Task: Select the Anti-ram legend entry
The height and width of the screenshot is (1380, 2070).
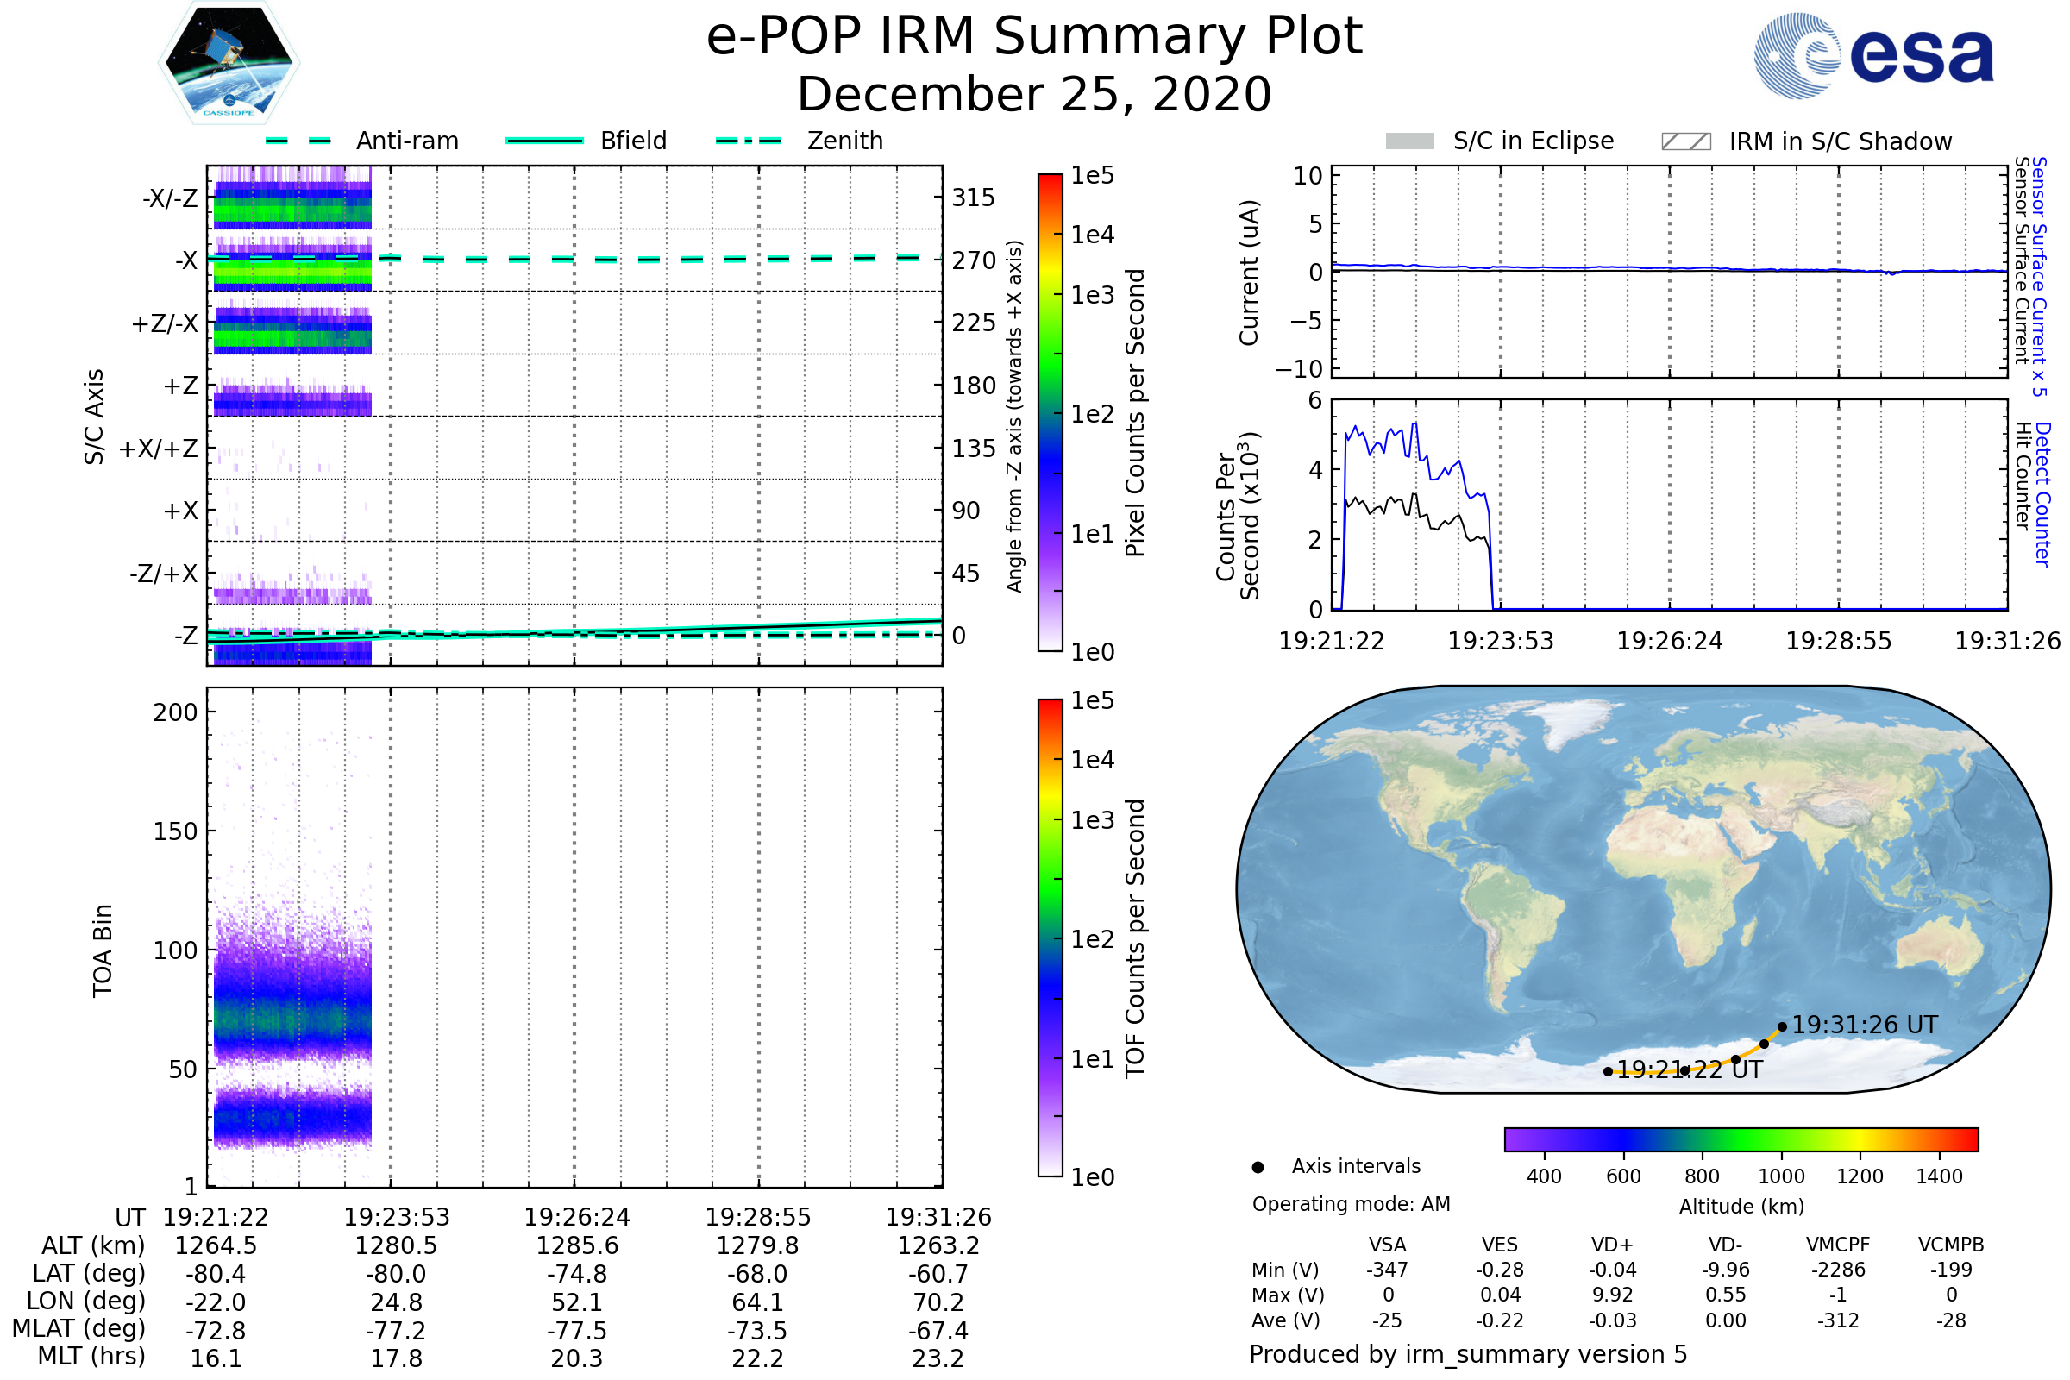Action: pyautogui.click(x=406, y=141)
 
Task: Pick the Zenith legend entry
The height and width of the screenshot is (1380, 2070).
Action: pyautogui.click(x=844, y=141)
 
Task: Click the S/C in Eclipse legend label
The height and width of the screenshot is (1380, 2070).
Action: pyautogui.click(x=1533, y=141)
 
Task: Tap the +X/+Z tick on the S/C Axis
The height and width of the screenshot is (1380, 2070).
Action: pyautogui.click(x=159, y=448)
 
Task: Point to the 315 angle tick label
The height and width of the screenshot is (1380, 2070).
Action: pyautogui.click(x=973, y=198)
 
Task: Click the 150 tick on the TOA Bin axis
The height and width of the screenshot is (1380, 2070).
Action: pyautogui.click(x=175, y=831)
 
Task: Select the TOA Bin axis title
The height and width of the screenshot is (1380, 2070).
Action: pyautogui.click(x=103, y=950)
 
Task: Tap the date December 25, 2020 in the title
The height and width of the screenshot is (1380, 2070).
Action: pyautogui.click(x=1034, y=94)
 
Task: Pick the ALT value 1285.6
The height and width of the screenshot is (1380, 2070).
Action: pyautogui.click(x=577, y=1245)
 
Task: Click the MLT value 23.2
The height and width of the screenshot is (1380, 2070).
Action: pyautogui.click(x=938, y=1358)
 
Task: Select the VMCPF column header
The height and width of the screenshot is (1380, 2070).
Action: pyautogui.click(x=1838, y=1245)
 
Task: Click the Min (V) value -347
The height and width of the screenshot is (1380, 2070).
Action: pyautogui.click(x=1387, y=1270)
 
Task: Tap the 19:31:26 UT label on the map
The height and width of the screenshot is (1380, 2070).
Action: pyautogui.click(x=1864, y=1025)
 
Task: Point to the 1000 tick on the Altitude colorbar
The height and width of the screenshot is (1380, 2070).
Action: pyautogui.click(x=1781, y=1176)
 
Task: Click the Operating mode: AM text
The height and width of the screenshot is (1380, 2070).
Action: pyautogui.click(x=1351, y=1204)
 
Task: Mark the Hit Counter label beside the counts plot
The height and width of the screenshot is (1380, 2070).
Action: pyautogui.click(x=2023, y=475)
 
